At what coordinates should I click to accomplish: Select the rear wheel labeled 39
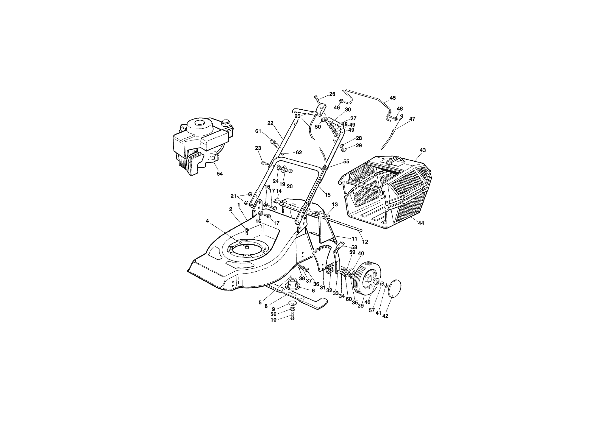[367, 280]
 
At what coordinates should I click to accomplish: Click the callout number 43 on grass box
[423, 150]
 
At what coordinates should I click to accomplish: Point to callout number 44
[421, 223]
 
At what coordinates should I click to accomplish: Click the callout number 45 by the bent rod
[393, 98]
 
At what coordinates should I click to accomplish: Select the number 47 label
[412, 119]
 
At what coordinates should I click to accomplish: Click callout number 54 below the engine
[220, 174]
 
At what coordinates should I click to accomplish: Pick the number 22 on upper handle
[270, 123]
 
